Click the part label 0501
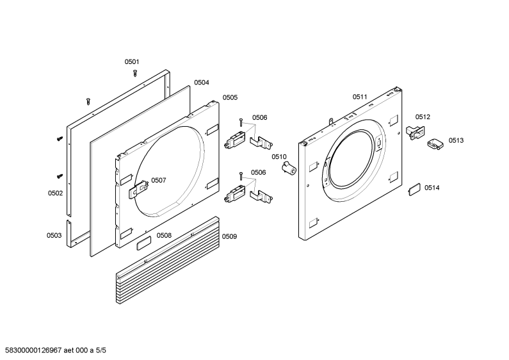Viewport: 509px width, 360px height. click(132, 61)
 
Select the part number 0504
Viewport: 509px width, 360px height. click(202, 83)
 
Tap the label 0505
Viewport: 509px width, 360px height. click(230, 97)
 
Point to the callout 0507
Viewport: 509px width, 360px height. click(159, 181)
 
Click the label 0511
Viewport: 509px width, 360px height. click(360, 97)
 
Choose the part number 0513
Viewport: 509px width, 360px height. click(456, 140)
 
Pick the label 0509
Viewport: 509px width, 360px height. click(229, 236)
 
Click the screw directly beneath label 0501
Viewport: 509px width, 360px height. click(135, 73)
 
